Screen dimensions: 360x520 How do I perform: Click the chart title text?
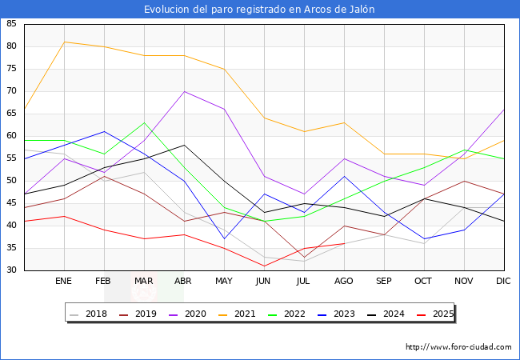259,9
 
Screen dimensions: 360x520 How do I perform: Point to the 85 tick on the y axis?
11,24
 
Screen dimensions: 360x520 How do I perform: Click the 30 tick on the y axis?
11,270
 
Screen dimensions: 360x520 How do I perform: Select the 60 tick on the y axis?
11,136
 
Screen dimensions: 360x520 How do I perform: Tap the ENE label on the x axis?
64,282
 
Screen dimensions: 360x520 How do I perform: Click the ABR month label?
184,282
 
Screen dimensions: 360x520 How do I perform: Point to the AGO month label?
344,282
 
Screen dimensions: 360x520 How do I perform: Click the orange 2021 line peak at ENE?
64,42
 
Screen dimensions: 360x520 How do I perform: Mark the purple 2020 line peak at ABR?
184,91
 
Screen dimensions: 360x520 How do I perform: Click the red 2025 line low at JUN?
264,266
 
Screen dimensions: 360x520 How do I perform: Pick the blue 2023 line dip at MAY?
224,238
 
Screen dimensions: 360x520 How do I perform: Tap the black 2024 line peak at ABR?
184,145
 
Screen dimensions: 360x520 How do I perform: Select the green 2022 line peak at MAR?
144,122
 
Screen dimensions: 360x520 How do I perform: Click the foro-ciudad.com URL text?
458,347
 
